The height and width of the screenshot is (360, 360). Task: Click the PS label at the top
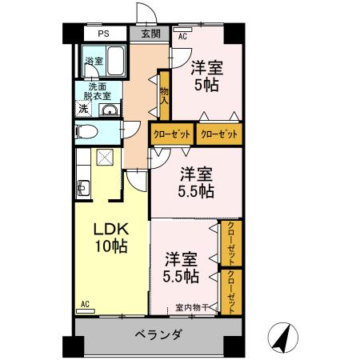(x=103, y=34)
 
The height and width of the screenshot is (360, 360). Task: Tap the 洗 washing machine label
(x=82, y=109)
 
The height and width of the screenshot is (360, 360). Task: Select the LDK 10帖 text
(x=111, y=236)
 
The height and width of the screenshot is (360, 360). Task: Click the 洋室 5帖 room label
(x=205, y=74)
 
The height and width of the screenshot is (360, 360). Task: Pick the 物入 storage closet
(x=164, y=95)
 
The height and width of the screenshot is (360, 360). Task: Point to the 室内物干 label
(x=192, y=307)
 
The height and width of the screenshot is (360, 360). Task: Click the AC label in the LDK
(x=85, y=305)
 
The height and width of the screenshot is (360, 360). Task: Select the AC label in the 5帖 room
(x=182, y=37)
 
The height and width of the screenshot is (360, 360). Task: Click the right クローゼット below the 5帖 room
(x=218, y=133)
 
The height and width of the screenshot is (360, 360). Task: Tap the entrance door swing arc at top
(x=146, y=14)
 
